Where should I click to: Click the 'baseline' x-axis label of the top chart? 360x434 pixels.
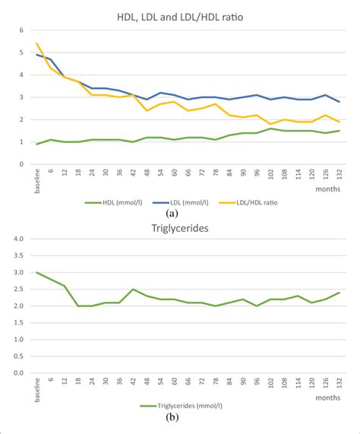coord(36,178)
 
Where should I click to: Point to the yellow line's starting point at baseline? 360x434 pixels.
coord(37,44)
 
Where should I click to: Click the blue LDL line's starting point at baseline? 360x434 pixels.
coord(37,55)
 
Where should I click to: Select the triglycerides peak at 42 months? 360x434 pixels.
coord(134,289)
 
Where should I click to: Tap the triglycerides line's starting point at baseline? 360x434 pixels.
coord(37,272)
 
